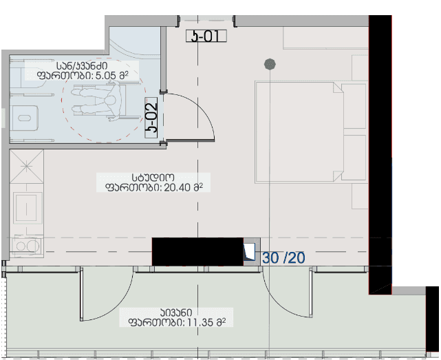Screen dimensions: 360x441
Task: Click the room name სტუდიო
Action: (x=153, y=177)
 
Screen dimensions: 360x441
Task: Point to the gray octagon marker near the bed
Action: (x=270, y=65)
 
